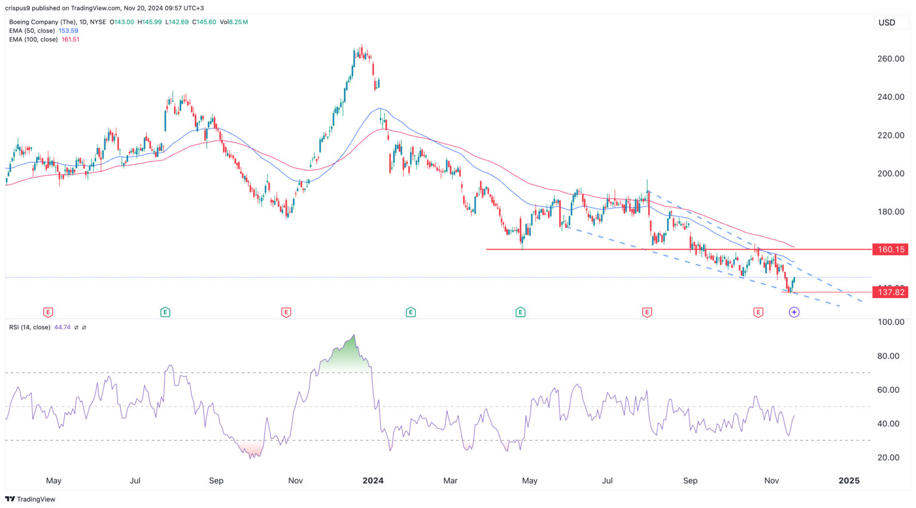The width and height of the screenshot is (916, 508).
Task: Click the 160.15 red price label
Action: [x=891, y=249]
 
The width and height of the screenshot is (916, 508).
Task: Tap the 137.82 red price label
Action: [x=891, y=292]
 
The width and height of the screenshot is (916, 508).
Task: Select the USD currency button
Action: [x=887, y=23]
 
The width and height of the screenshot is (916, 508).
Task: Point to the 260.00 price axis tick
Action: [x=891, y=58]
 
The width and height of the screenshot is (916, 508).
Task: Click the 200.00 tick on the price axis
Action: [x=891, y=174]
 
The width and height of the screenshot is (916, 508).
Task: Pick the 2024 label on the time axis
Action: [x=373, y=481]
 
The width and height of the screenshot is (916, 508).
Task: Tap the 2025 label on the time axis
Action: [x=849, y=481]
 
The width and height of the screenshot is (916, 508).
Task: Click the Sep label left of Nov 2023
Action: [x=216, y=481]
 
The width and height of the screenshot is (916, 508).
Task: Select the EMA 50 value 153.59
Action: [x=68, y=30]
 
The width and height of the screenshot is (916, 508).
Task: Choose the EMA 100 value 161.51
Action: [x=70, y=39]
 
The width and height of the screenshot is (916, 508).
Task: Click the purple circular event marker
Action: [x=794, y=312]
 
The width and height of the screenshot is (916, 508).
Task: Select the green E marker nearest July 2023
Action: [x=165, y=312]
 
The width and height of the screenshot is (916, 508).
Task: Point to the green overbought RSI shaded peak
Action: [x=346, y=358]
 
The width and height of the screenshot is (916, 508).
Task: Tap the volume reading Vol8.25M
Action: [x=234, y=22]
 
